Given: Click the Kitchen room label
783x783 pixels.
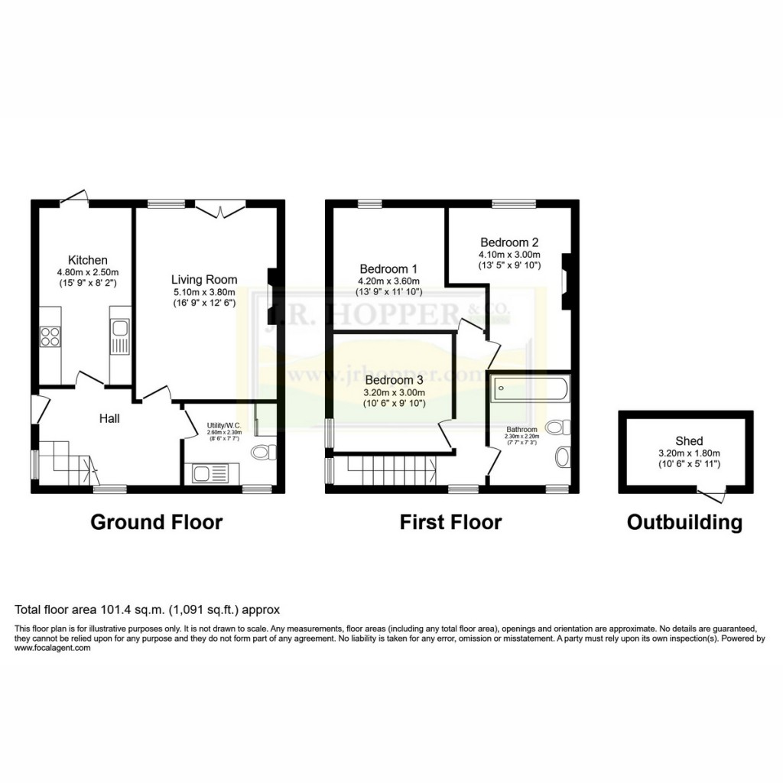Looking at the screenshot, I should (x=87, y=260).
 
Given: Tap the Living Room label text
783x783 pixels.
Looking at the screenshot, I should (x=203, y=280).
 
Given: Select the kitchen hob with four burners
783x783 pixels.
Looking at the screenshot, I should (x=50, y=336).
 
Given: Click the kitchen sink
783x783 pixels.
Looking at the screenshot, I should (x=120, y=337).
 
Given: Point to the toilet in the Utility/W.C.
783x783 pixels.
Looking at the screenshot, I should (x=263, y=453).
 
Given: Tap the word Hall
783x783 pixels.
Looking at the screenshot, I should (x=109, y=418).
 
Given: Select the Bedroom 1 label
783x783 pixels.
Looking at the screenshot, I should (x=388, y=269).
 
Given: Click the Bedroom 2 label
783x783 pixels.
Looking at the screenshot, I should (x=509, y=242).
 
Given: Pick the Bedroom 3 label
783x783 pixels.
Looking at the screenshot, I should (x=394, y=380).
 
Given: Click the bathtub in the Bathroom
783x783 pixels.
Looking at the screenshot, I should (x=529, y=389).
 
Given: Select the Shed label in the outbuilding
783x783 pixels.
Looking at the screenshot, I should (x=688, y=441).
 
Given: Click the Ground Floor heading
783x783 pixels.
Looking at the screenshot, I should (x=156, y=522).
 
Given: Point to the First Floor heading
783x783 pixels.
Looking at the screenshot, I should (x=450, y=522).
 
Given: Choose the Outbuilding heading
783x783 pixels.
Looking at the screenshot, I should (x=684, y=522).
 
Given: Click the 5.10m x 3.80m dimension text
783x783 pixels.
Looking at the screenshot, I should (x=203, y=291).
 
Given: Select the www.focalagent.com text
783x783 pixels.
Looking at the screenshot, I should (x=53, y=648).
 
